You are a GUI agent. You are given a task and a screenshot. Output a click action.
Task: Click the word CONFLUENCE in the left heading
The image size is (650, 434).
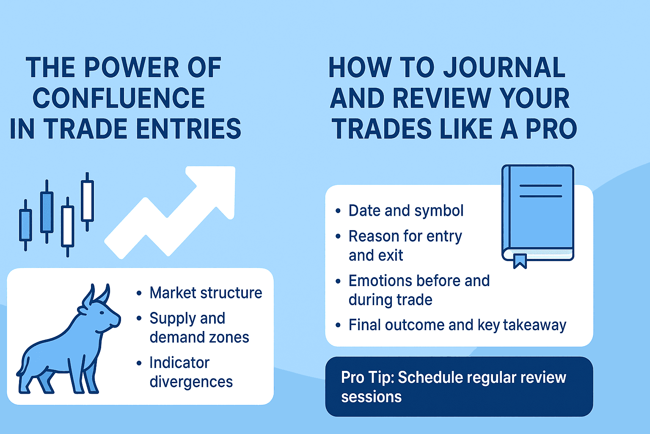(119, 98)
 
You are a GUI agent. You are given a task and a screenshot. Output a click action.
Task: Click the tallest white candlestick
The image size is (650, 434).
(87, 201)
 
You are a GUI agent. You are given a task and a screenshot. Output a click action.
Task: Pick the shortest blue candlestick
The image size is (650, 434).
(25, 225)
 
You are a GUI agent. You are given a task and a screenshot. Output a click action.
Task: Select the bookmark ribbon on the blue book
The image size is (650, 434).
(520, 260)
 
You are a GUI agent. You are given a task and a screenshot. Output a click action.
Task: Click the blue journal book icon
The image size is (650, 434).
(537, 212)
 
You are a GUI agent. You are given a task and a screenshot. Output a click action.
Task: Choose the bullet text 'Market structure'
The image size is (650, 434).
(206, 293)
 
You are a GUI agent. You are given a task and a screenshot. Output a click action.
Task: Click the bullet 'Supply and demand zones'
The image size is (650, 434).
(199, 328)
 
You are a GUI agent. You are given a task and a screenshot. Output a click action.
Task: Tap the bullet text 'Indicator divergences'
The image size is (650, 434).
(191, 372)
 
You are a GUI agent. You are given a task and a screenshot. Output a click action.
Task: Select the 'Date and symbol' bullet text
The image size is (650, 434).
(406, 211)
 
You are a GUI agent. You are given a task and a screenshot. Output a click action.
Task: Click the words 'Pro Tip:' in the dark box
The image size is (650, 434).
(367, 377)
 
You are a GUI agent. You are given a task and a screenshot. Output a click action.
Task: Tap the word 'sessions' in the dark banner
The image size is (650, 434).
(371, 397)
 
